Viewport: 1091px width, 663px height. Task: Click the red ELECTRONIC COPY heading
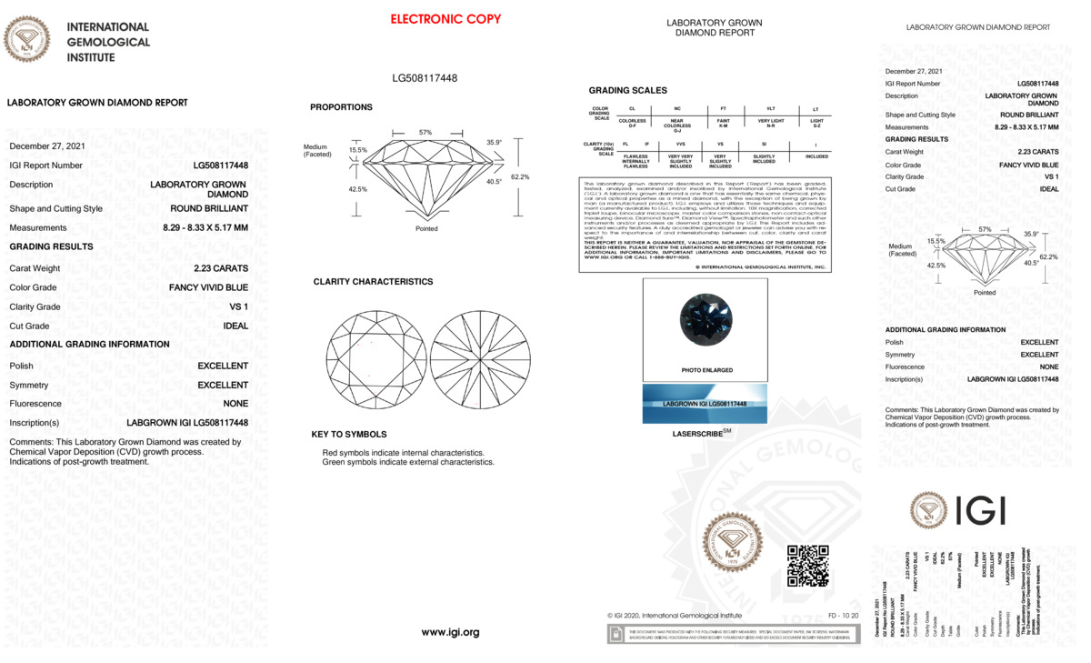click(445, 19)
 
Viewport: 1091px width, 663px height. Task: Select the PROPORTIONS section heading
click(341, 107)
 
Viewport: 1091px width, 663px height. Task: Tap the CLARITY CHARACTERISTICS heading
click(373, 282)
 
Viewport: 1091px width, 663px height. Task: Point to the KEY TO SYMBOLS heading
click(349, 435)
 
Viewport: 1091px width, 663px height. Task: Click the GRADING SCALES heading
click(627, 91)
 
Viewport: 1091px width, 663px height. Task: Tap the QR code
click(807, 566)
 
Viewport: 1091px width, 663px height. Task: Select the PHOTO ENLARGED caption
click(706, 371)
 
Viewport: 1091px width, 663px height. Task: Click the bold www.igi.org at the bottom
click(450, 632)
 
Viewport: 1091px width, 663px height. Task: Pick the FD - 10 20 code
click(843, 616)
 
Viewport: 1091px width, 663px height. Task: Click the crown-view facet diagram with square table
click(375, 359)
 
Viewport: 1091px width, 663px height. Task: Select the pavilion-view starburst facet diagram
click(479, 359)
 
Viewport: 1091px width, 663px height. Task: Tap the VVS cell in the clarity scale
click(681, 144)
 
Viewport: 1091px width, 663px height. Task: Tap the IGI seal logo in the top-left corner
click(27, 39)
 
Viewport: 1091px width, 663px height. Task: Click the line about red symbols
click(403, 452)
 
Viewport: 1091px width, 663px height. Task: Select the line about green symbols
click(408, 462)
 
